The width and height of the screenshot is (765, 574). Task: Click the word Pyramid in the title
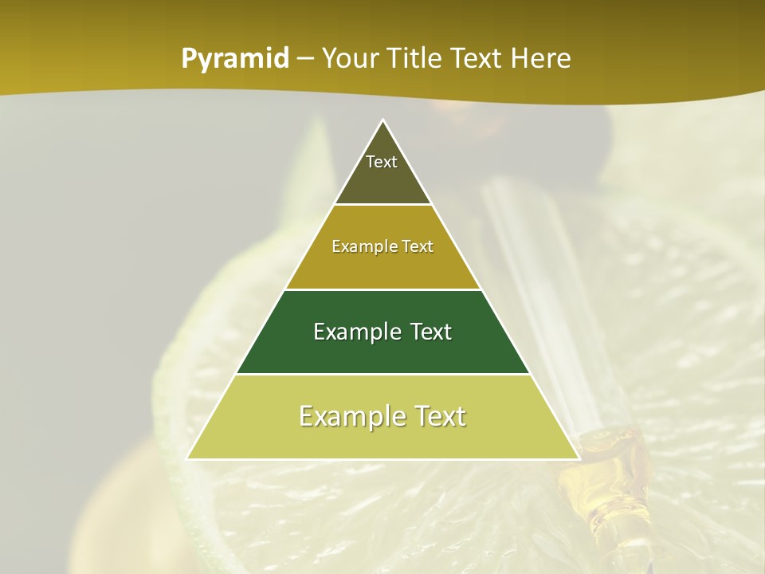[x=235, y=59]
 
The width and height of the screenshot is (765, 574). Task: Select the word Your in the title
[x=351, y=58]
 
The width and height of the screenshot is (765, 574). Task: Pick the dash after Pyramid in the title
[x=305, y=59]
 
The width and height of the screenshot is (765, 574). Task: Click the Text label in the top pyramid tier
[x=382, y=162]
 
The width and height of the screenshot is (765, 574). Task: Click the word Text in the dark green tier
[x=431, y=332]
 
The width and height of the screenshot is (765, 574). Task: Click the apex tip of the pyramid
[x=383, y=121]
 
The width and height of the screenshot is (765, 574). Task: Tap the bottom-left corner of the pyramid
[x=188, y=458]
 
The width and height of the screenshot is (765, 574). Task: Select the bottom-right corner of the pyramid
[x=578, y=458]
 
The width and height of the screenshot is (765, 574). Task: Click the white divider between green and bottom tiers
[x=383, y=374]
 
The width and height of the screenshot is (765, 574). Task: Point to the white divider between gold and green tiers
[x=383, y=289]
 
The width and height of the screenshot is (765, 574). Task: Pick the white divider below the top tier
[x=383, y=205]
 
